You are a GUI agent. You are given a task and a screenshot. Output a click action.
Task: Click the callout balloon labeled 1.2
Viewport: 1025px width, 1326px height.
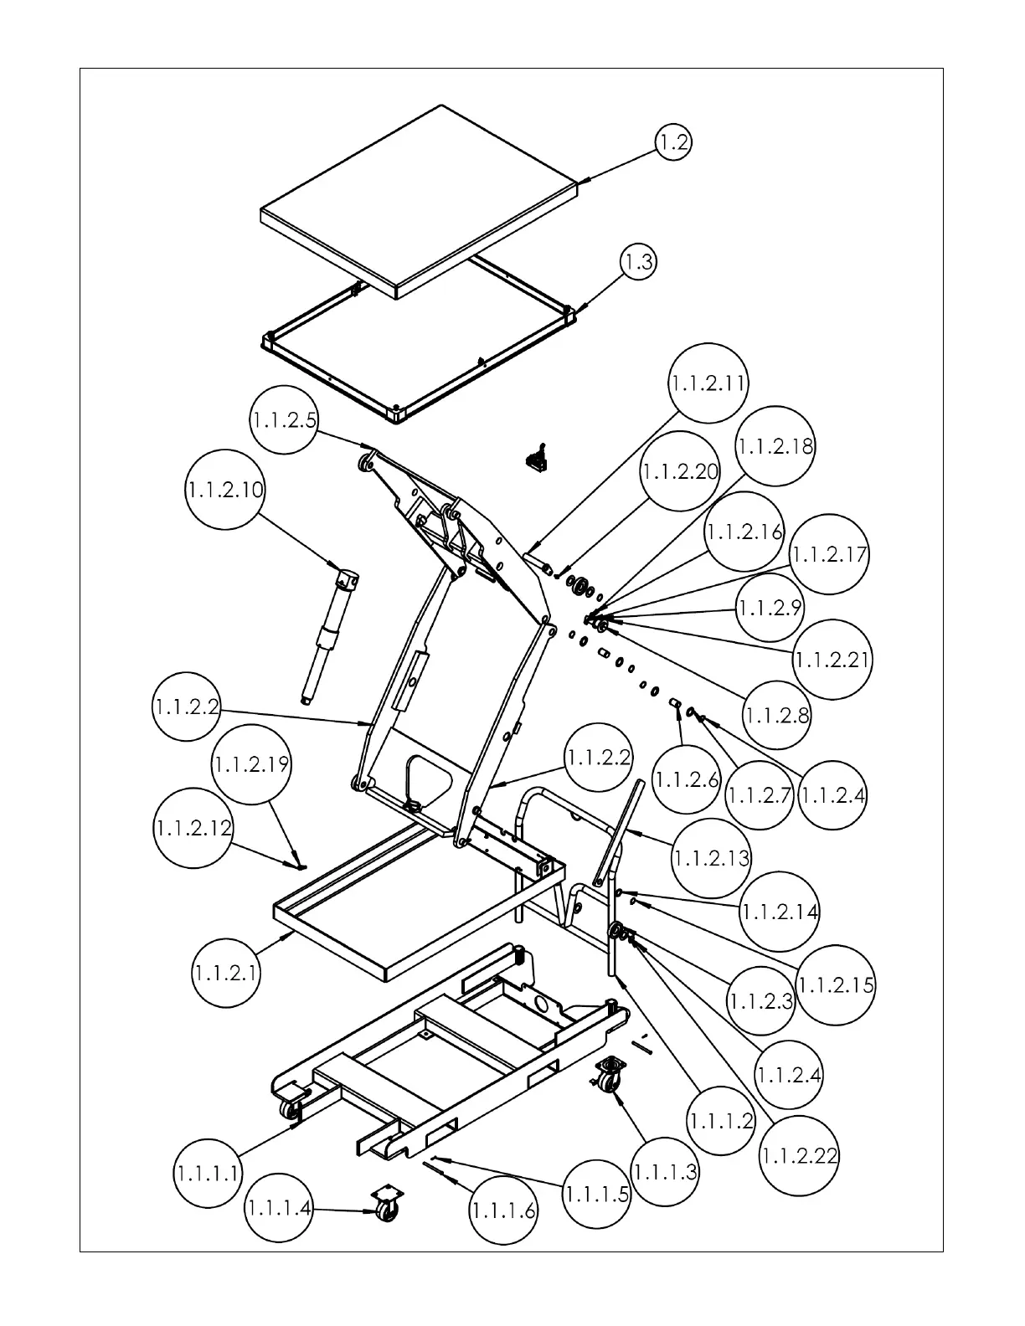[673, 143]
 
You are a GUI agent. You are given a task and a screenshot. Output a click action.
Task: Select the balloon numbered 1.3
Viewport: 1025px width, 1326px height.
[639, 262]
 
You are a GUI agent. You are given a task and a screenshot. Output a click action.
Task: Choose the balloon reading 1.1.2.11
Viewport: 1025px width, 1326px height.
[708, 383]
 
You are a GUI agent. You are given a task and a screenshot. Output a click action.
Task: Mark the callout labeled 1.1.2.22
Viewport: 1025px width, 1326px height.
[800, 1156]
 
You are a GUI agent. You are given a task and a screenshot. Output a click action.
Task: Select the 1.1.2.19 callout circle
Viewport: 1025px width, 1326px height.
[251, 765]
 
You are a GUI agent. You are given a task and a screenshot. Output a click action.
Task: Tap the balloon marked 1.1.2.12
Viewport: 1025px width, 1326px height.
[193, 828]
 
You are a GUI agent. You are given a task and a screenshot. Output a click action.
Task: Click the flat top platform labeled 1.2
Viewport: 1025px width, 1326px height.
[419, 201]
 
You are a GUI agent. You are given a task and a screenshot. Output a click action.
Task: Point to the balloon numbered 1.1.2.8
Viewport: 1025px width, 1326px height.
[777, 716]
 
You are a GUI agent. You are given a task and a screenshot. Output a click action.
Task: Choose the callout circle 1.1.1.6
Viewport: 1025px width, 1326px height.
[503, 1210]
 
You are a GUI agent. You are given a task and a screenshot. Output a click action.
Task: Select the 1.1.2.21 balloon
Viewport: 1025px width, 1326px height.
[832, 660]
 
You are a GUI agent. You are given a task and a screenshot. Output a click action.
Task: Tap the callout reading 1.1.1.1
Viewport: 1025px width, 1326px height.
[209, 1174]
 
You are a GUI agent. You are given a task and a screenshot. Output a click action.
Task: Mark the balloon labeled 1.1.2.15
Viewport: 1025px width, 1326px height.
[836, 985]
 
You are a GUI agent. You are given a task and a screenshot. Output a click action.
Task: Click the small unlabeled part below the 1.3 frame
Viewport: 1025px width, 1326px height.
[535, 457]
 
